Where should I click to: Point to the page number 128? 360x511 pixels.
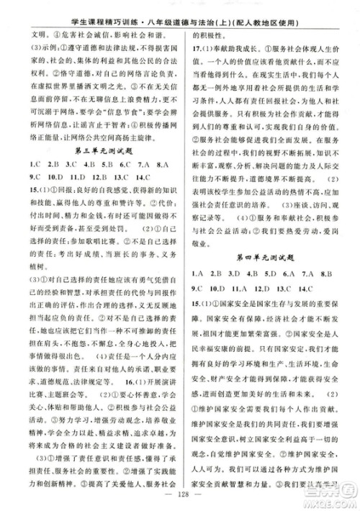[180, 497]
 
